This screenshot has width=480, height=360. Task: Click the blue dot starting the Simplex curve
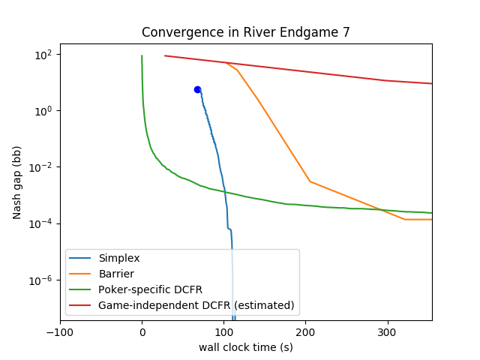click(197, 90)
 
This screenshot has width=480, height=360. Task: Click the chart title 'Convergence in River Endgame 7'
click(245, 32)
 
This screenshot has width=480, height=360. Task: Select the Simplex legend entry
click(104, 258)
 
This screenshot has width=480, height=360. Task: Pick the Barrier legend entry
click(102, 274)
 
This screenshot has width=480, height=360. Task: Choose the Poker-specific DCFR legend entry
click(136, 289)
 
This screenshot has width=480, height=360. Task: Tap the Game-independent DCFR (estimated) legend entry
click(181, 305)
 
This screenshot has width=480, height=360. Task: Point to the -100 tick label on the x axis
click(60, 332)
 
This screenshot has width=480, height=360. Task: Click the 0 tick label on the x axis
click(142, 332)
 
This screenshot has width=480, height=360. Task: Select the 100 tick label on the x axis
click(224, 332)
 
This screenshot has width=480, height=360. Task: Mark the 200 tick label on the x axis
click(306, 332)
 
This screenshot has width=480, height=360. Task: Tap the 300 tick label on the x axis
click(388, 332)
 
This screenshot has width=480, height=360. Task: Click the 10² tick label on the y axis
click(43, 55)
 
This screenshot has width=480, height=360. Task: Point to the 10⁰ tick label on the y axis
click(43, 112)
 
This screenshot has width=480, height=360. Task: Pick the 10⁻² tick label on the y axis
click(40, 168)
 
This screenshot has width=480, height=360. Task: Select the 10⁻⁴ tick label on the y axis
click(40, 224)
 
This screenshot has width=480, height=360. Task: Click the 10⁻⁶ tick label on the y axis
click(40, 280)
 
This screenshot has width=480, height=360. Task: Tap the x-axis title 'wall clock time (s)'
click(246, 347)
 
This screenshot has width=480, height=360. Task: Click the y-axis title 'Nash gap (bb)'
click(16, 183)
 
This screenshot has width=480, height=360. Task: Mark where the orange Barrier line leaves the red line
click(226, 63)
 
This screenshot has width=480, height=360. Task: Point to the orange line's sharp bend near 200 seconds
click(310, 181)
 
